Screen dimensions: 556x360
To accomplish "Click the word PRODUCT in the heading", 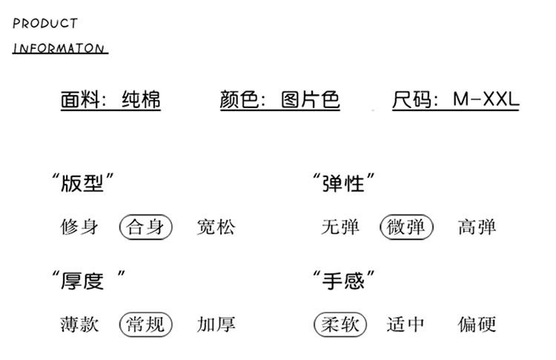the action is tap(45, 24).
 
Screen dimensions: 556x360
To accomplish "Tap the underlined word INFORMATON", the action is tap(59, 48).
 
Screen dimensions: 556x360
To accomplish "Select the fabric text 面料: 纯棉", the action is tap(110, 99).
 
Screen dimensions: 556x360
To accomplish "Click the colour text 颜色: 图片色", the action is tap(279, 99).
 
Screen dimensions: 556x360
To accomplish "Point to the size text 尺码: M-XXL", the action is tap(455, 99).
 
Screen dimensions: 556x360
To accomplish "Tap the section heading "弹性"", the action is tap(343, 182).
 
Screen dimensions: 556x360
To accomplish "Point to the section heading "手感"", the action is tap(343, 281).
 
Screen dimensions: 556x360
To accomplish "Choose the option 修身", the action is tap(79, 227).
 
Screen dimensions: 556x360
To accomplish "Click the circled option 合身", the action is tap(145, 227).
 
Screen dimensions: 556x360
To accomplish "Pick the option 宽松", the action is tap(216, 227).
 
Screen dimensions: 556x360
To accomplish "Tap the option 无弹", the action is tap(340, 227).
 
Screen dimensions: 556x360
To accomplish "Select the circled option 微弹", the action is tap(406, 227).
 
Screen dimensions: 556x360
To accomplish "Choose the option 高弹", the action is tap(477, 227).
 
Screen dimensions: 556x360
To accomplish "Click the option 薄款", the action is tap(79, 324).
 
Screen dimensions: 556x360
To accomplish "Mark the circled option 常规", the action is tap(145, 324).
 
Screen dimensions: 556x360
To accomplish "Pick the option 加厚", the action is tap(216, 324).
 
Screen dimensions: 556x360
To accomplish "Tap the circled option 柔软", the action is tap(340, 324).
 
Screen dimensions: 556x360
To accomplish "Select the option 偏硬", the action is tap(477, 324).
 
